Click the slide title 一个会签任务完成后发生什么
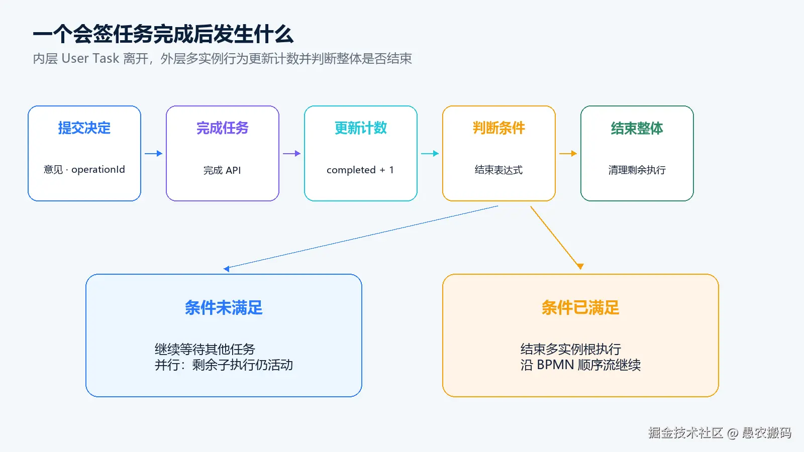click(163, 35)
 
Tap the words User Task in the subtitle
click(90, 58)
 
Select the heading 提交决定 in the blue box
click(84, 128)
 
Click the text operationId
click(98, 169)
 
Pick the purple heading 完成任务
click(223, 128)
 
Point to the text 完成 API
click(222, 170)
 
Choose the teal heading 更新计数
click(361, 128)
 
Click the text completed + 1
click(360, 170)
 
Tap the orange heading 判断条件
click(499, 128)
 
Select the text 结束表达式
click(499, 170)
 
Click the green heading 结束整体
click(637, 128)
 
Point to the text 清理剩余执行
click(637, 170)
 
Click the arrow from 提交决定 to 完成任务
click(154, 154)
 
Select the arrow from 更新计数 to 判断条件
click(430, 154)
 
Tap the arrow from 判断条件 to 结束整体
click(568, 154)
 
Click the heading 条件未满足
click(224, 308)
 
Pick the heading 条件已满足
click(580, 308)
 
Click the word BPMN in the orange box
click(556, 365)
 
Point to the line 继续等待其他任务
click(205, 349)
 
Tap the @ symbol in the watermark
click(733, 433)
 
